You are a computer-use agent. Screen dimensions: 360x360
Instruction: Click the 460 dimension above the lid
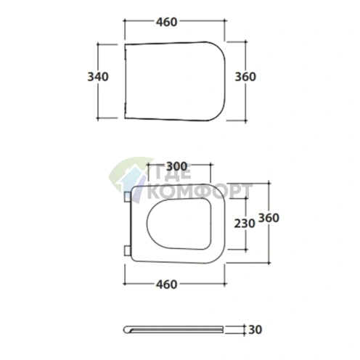click(166, 22)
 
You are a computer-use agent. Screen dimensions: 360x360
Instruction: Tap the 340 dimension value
click(98, 77)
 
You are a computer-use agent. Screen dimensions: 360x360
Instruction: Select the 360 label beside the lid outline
click(245, 77)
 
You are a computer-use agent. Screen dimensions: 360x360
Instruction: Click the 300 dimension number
click(177, 166)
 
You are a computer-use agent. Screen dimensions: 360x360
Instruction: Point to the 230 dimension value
click(245, 224)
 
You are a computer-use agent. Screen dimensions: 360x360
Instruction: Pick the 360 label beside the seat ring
click(269, 218)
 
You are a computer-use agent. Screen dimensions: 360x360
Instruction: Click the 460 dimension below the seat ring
click(166, 285)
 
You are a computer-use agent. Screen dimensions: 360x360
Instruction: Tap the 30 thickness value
click(255, 330)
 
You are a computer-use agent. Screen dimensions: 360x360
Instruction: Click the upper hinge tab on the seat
click(127, 197)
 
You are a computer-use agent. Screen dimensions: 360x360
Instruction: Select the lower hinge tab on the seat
click(127, 250)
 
